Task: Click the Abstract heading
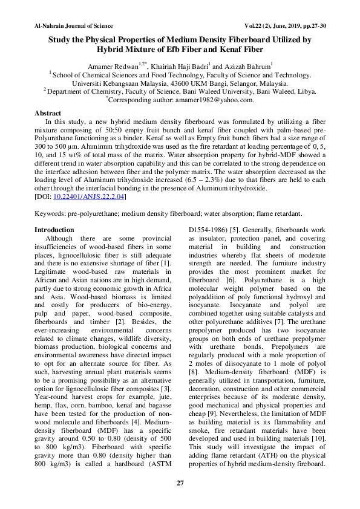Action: click(x=48, y=113)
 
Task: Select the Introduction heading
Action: click(x=54, y=230)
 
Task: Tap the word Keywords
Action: click(x=50, y=214)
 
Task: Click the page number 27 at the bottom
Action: click(x=180, y=482)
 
